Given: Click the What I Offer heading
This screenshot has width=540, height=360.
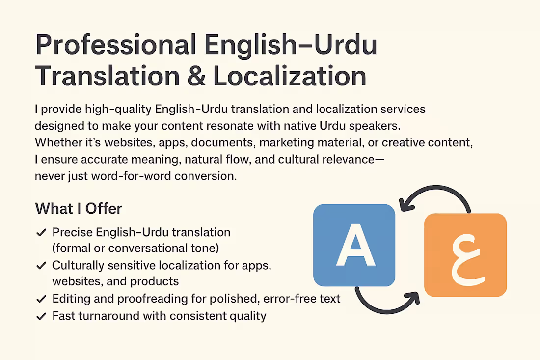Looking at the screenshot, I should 79,208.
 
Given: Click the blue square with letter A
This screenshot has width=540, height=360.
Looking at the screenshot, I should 354,245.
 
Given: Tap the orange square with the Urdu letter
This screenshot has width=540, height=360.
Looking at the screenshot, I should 465,255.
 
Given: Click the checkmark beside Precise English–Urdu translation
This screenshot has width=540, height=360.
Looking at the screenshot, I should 42,232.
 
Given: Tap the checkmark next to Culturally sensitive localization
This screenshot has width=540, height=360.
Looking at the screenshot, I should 42,266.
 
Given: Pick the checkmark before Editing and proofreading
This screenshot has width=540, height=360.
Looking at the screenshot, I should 42,299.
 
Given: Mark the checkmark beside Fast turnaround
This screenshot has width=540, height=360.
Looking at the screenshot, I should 42,316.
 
